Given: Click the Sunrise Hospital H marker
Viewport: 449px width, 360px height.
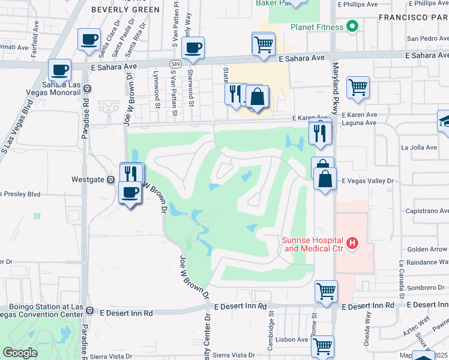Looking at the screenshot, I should tap(353, 243).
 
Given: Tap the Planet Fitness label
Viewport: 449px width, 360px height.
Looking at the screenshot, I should tap(317, 27).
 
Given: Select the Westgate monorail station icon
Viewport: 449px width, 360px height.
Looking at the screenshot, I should tap(111, 179).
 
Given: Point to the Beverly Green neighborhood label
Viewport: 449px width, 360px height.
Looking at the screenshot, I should tap(125, 10).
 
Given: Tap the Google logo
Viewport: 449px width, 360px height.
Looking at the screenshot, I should tap(20, 353).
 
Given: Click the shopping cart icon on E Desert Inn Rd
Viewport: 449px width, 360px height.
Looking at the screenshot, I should tap(326, 290).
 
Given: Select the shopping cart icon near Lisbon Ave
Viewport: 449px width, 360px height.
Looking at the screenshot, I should tap(322, 345).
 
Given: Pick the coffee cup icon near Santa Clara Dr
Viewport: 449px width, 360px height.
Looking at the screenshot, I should tap(89, 40).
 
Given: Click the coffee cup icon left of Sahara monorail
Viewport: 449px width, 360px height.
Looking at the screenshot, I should tap(60, 69).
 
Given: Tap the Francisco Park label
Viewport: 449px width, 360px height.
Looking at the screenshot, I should tap(413, 18).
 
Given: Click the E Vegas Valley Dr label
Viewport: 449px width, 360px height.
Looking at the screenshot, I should tap(366, 181).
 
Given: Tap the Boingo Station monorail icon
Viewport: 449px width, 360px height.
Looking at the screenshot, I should tap(89, 311).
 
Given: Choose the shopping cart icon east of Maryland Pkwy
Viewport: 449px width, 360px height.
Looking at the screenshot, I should tap(358, 87).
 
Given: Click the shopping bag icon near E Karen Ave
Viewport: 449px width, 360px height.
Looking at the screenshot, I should tap(257, 97).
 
